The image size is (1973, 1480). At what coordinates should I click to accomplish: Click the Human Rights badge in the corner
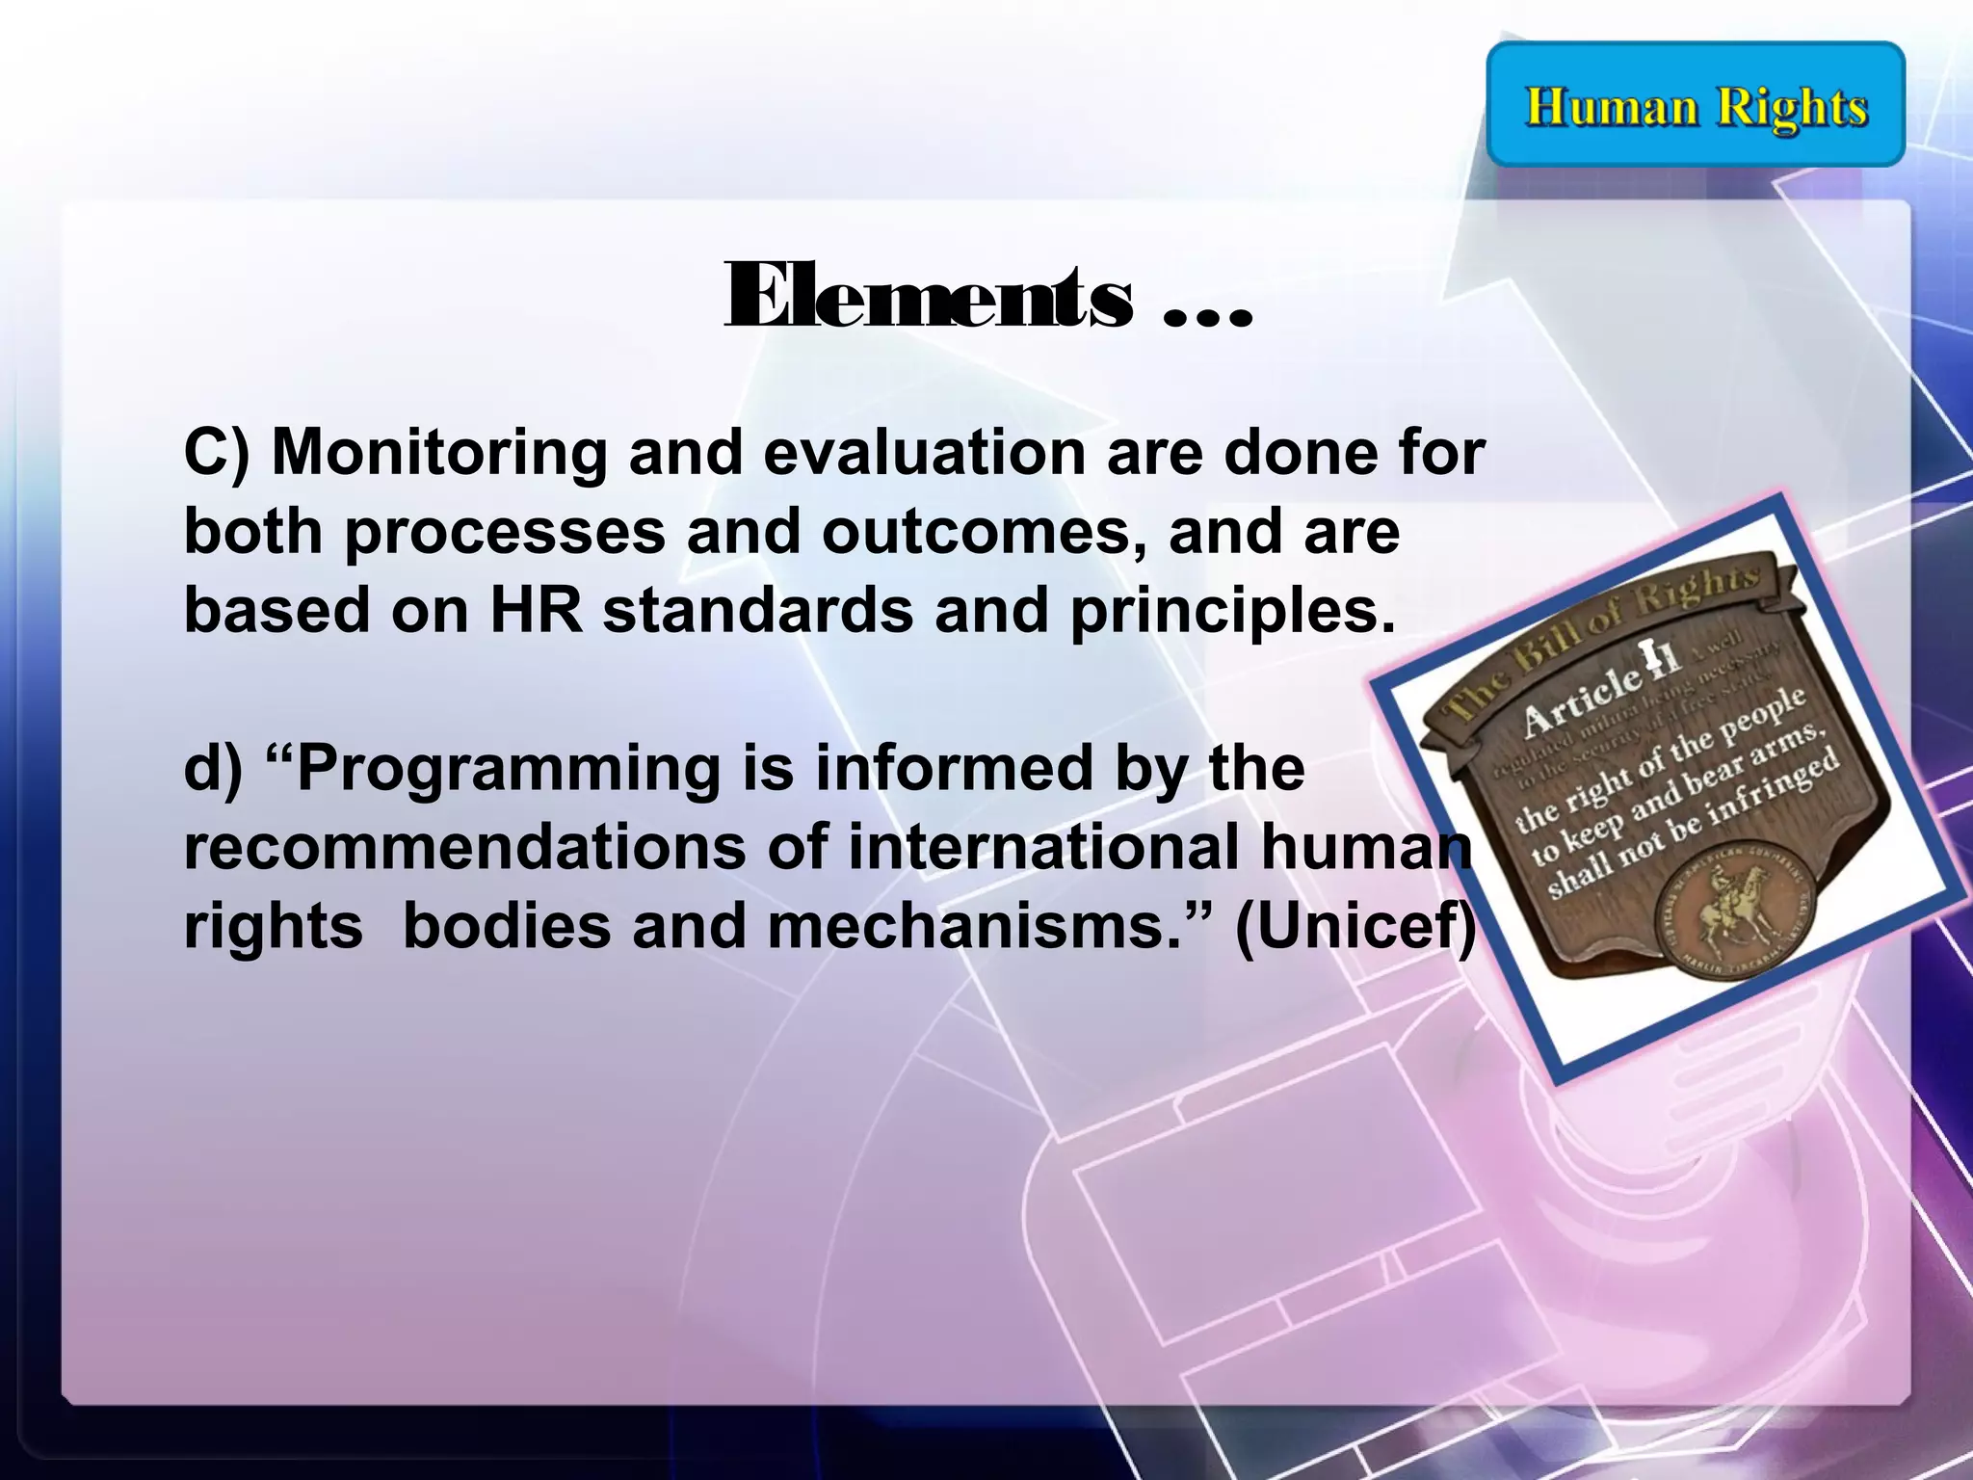tap(1696, 105)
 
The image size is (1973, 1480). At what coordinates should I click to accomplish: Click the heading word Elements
tap(928, 298)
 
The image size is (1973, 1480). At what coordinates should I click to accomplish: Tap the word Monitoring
tap(438, 452)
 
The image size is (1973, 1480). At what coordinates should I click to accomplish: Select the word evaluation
tap(925, 452)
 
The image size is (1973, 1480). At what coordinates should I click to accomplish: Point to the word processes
tap(505, 533)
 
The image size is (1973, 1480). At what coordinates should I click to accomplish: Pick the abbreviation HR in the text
tap(536, 611)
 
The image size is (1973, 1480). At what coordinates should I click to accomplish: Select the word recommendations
tap(464, 848)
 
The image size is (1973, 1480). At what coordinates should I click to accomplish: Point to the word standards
tap(758, 611)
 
